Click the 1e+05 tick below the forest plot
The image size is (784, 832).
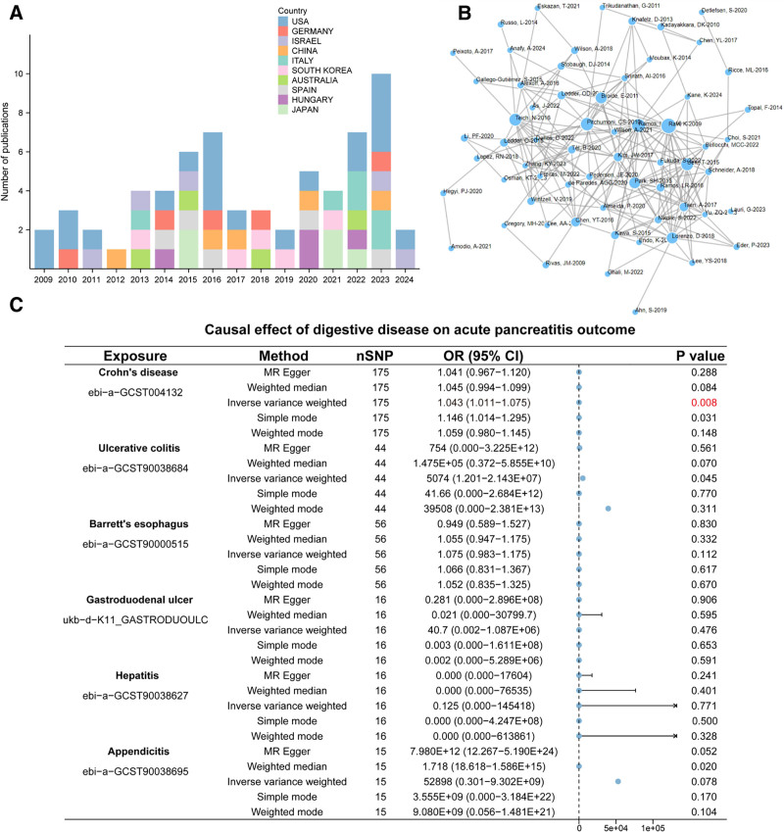654,826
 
